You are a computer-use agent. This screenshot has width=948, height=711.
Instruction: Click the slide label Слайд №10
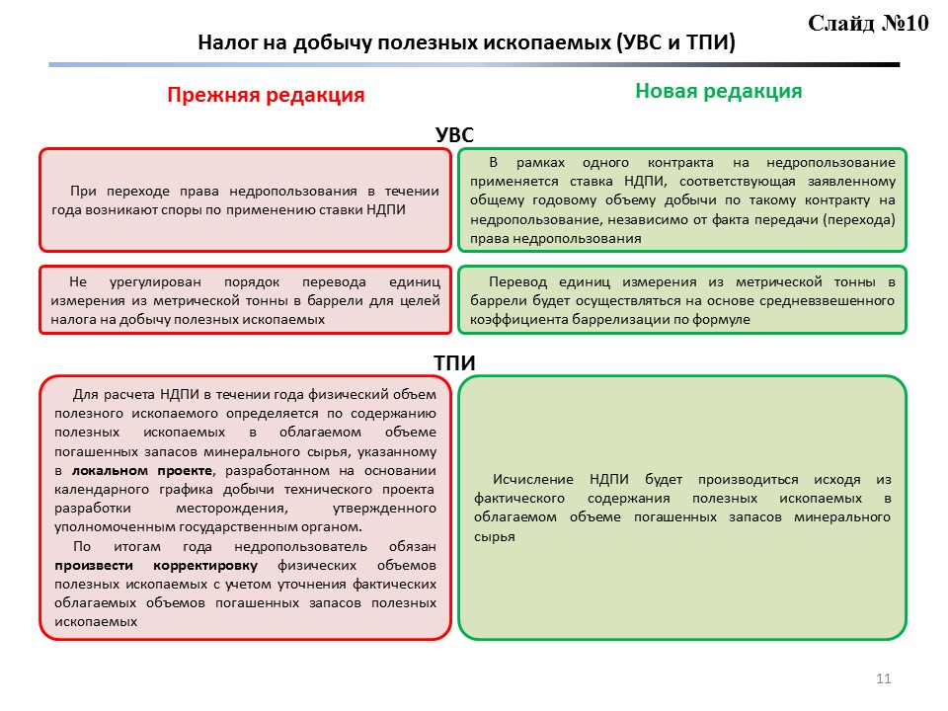[x=869, y=24]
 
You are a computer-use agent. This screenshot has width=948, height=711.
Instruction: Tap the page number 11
[x=883, y=678]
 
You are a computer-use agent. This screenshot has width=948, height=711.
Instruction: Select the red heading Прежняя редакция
[x=266, y=95]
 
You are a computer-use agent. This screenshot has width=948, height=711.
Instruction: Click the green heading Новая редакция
[x=718, y=91]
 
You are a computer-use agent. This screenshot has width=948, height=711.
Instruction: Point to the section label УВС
[x=456, y=134]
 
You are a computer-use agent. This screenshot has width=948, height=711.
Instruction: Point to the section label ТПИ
[x=456, y=362]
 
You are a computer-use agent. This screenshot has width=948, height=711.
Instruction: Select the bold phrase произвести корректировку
[x=156, y=565]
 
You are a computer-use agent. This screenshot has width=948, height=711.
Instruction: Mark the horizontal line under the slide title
[x=474, y=65]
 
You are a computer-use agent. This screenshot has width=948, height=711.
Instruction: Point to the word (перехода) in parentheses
[x=861, y=219]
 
